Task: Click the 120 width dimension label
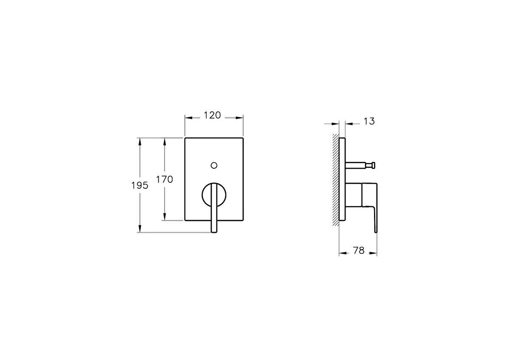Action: pos(212,115)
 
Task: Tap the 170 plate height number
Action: pos(164,179)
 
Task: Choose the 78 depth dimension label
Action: pos(359,251)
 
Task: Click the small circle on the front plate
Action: pos(214,164)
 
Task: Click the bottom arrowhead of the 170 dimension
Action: pos(164,217)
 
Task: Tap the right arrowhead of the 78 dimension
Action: pos(374,254)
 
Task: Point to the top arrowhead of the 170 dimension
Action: pos(164,141)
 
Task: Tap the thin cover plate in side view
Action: pos(342,179)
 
